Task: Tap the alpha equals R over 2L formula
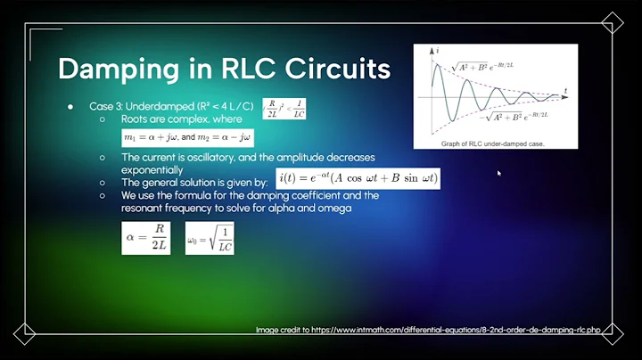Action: (x=145, y=239)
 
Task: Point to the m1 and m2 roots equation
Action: (x=187, y=137)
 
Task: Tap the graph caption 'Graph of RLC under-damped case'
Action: (x=493, y=143)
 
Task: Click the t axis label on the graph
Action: (x=565, y=90)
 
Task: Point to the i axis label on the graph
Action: (x=438, y=52)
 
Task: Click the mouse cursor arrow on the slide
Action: (x=499, y=173)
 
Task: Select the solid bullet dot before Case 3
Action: (x=70, y=106)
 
